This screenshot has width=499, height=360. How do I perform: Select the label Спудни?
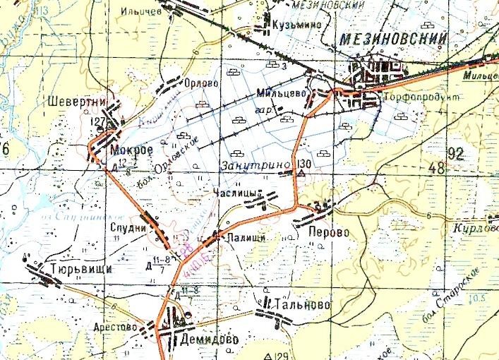coord(128,228)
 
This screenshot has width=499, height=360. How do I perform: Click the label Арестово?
coord(114,327)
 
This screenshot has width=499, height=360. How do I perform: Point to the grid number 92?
coord(456,152)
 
